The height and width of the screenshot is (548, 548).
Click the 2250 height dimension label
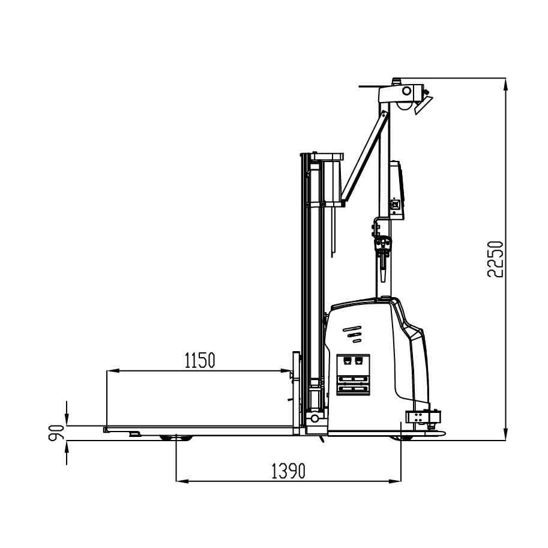coord(495,259)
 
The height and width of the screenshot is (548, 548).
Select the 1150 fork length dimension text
coord(199,361)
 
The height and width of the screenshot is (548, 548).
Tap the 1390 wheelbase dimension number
coord(288,471)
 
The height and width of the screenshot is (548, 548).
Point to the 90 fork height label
coord(56,433)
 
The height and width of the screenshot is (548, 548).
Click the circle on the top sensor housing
coord(406,91)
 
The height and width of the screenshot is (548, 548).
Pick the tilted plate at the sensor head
coord(423,105)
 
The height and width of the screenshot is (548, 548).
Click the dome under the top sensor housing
coord(404,106)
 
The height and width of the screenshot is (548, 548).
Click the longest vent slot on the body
coord(352,328)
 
